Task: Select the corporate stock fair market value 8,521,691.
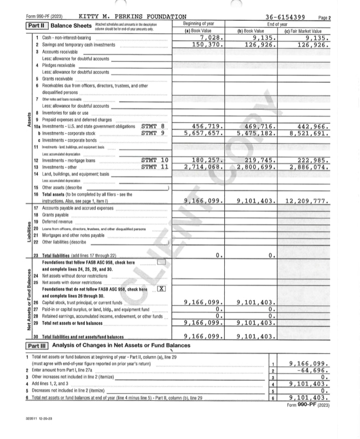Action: (306, 132)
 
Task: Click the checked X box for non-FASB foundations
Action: (161, 288)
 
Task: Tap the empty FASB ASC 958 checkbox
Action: (161, 262)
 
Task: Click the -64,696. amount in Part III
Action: (309, 370)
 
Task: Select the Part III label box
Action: (37, 347)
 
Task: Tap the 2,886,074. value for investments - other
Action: (306, 166)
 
